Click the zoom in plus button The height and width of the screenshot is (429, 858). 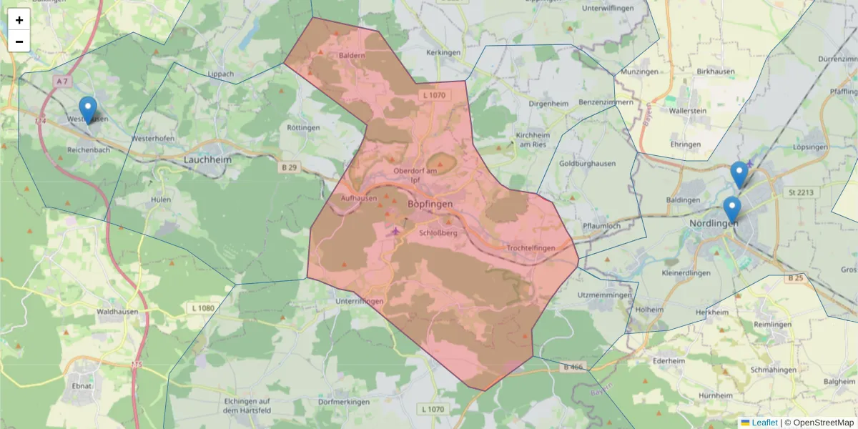tap(19, 20)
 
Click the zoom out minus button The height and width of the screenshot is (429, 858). tap(19, 41)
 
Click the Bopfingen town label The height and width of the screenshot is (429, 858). tap(430, 204)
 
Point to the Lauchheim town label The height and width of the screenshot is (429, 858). tap(207, 160)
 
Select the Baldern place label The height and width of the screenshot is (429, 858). tap(352, 55)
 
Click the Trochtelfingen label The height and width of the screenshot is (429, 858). tap(531, 248)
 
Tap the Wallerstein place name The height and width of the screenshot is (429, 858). tap(688, 111)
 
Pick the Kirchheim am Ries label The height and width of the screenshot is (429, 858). tap(532, 139)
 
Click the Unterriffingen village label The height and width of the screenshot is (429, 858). tap(360, 302)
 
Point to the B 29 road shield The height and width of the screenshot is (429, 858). tap(287, 167)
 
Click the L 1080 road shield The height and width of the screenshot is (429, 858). tap(203, 308)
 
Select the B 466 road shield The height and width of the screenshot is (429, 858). tap(573, 368)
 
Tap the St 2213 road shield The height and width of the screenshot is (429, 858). tap(801, 192)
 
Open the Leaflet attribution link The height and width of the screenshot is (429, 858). tap(764, 423)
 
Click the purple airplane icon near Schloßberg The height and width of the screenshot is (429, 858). tap(395, 230)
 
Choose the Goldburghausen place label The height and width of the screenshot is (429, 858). tap(587, 164)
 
